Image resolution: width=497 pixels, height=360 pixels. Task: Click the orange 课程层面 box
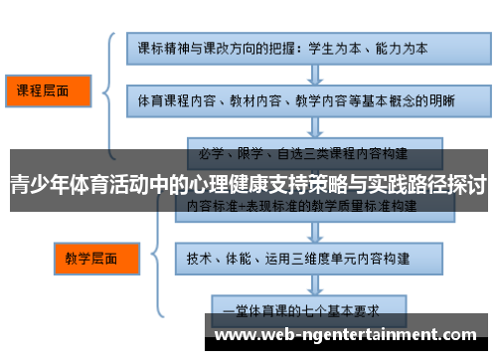(x=46, y=91)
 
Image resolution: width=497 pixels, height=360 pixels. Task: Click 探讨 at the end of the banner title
(x=465, y=184)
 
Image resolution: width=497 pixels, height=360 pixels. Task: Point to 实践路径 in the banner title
(x=397, y=184)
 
